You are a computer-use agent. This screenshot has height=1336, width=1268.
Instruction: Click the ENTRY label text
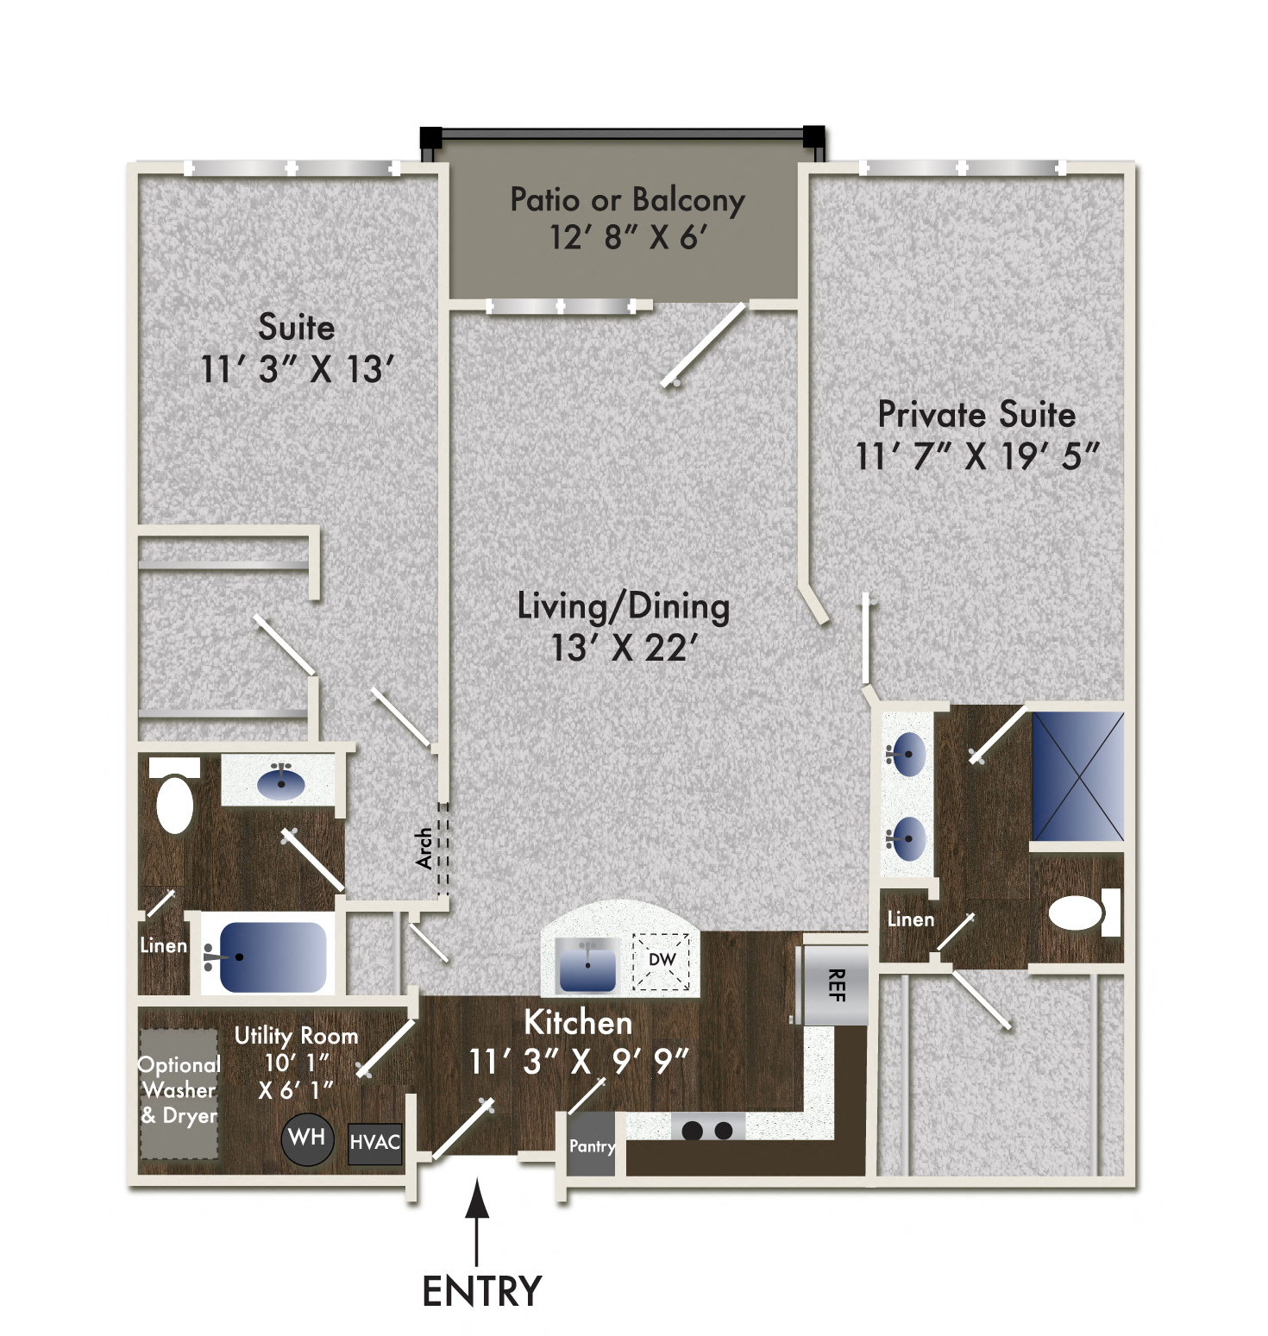[x=481, y=1291]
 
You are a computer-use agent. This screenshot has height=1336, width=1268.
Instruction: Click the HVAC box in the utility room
[x=375, y=1143]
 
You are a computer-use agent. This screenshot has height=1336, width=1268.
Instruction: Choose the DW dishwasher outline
[x=662, y=961]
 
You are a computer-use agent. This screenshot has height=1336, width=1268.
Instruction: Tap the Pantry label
[x=592, y=1146]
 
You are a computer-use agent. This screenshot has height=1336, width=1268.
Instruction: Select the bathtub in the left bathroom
[x=273, y=957]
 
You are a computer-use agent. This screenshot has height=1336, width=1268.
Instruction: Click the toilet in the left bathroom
[x=175, y=803]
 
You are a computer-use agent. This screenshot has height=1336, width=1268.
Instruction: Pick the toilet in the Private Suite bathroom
[x=1078, y=913]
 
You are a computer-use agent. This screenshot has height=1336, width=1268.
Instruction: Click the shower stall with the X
[x=1078, y=775]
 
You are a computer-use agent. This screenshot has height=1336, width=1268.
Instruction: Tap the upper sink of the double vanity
[x=907, y=755]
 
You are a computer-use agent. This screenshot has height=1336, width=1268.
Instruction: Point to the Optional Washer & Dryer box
[x=179, y=1091]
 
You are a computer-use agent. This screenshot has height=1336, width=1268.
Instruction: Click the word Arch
[x=424, y=849]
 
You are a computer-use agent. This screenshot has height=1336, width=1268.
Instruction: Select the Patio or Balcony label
[x=627, y=200]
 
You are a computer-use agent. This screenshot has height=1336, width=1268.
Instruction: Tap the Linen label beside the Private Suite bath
[x=911, y=919]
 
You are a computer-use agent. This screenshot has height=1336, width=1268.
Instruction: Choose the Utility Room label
[x=296, y=1036]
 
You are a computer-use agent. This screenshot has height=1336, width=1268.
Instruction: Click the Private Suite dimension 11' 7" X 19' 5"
[x=977, y=456]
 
